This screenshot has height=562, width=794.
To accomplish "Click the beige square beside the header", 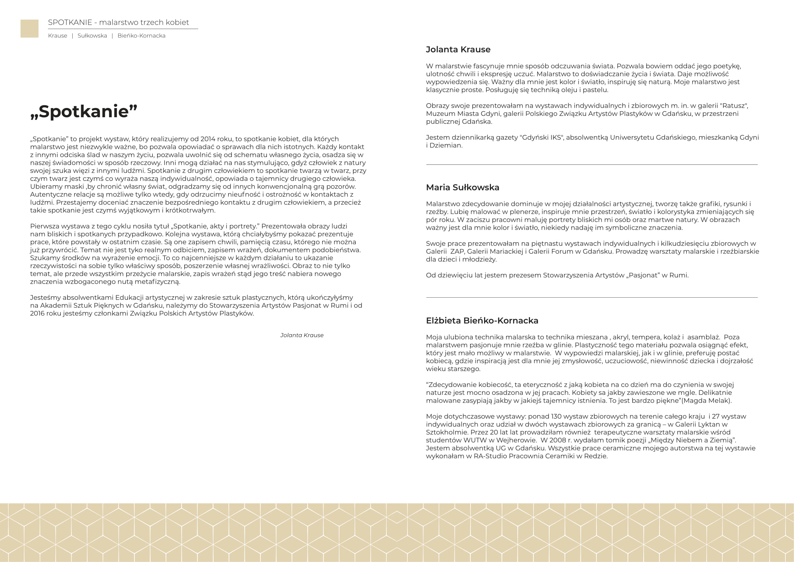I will click(x=30, y=29).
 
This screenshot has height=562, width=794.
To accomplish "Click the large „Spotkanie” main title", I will click(x=84, y=111).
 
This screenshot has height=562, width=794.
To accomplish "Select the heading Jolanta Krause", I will click(x=458, y=50).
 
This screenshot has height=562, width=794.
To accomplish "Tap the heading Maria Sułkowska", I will click(x=462, y=188).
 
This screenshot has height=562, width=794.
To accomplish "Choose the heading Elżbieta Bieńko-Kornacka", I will click(x=482, y=321).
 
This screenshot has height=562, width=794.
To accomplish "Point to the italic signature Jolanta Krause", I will click(x=301, y=335).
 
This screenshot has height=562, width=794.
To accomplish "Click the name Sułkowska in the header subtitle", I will click(x=92, y=36).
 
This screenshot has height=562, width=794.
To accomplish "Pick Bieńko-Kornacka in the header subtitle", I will click(x=141, y=36).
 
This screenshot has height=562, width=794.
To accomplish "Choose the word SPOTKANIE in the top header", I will click(x=70, y=22).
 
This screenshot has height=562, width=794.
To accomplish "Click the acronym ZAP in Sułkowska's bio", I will click(x=457, y=251).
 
